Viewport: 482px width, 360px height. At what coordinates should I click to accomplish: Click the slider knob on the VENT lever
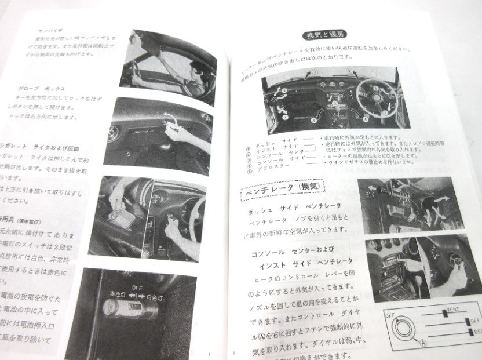(445, 314)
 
